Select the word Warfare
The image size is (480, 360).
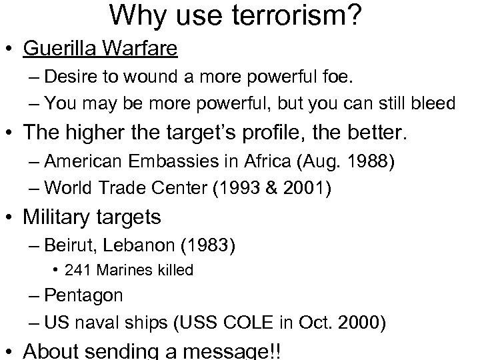(x=145, y=49)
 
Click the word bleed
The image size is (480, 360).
(x=433, y=103)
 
